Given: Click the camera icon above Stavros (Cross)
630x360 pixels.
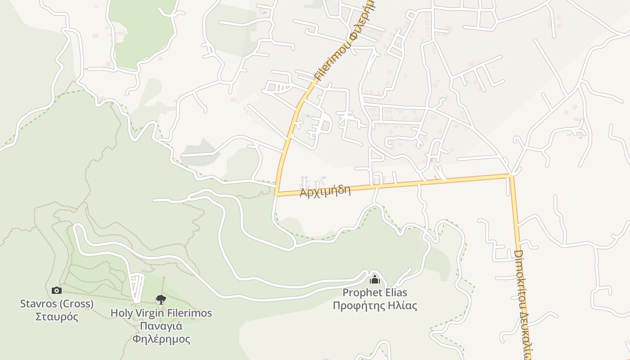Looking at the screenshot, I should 57,290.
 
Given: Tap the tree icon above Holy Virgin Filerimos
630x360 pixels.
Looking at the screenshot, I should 161,299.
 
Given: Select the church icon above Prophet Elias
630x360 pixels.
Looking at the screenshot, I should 375,279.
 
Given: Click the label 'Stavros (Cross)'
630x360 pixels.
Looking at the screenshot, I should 57,304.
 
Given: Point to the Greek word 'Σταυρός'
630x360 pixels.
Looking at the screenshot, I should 57,316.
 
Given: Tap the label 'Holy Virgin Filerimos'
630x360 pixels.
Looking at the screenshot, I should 161,313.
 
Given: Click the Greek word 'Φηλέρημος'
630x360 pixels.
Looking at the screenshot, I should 161,339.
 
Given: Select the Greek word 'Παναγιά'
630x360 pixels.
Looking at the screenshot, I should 161,326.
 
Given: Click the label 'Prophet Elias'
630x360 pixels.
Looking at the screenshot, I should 375,292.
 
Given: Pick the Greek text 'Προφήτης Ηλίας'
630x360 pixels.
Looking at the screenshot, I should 375,306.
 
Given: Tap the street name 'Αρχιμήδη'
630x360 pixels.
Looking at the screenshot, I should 325,191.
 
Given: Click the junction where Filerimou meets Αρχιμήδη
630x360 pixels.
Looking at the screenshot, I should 276,194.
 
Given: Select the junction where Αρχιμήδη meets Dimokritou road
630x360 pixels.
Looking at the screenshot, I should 512,175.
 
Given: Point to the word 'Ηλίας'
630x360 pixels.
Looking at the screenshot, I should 403,306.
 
